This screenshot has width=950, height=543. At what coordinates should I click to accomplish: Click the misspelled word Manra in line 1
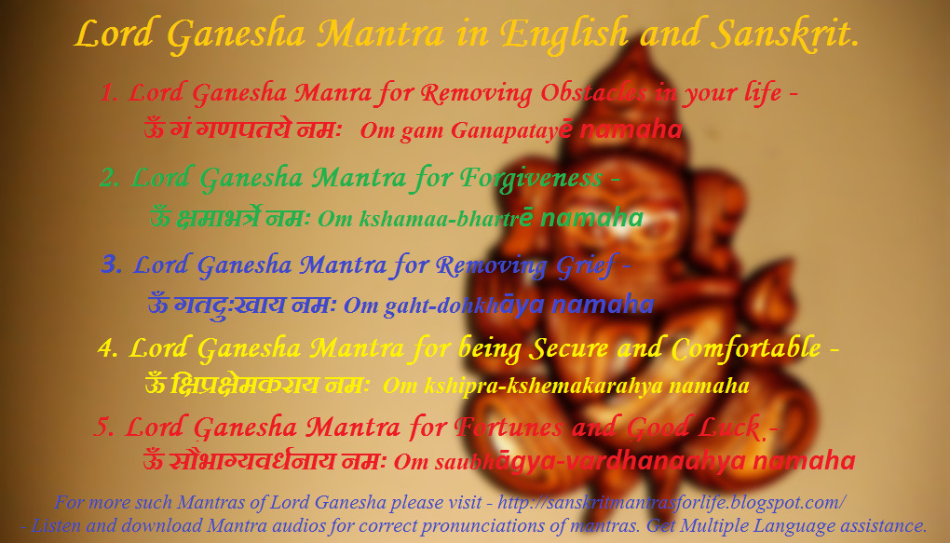click(332, 93)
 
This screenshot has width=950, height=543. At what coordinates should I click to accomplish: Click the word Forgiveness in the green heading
click(530, 179)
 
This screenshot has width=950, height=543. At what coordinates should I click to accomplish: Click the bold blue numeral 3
click(112, 265)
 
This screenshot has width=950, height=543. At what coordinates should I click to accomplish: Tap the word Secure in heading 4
click(568, 348)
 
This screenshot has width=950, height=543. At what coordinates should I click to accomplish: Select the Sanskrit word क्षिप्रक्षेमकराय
click(244, 385)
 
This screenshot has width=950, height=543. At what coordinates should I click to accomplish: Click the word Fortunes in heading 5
click(509, 428)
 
